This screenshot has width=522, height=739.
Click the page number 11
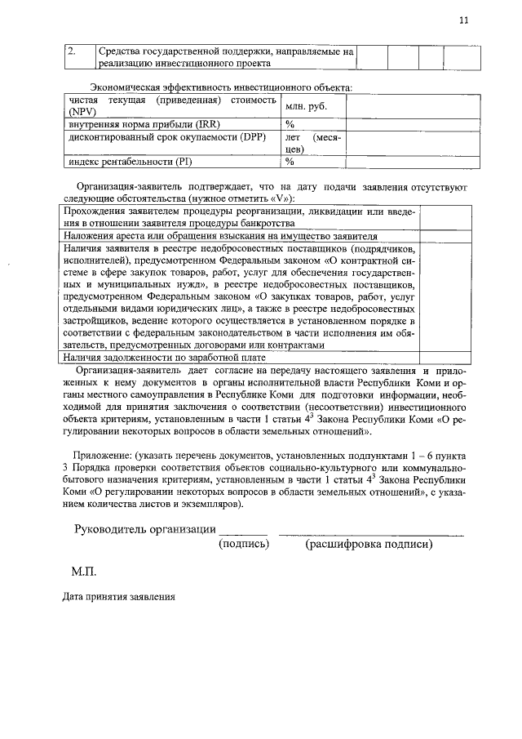tap(463, 21)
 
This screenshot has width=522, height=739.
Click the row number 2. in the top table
tap(72, 52)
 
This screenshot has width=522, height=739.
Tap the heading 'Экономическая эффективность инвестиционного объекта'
tap(221, 87)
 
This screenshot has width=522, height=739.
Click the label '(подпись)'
tap(244, 544)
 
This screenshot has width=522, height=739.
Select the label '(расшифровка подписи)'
tap(369, 544)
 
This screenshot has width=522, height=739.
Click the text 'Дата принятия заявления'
tap(119, 597)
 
